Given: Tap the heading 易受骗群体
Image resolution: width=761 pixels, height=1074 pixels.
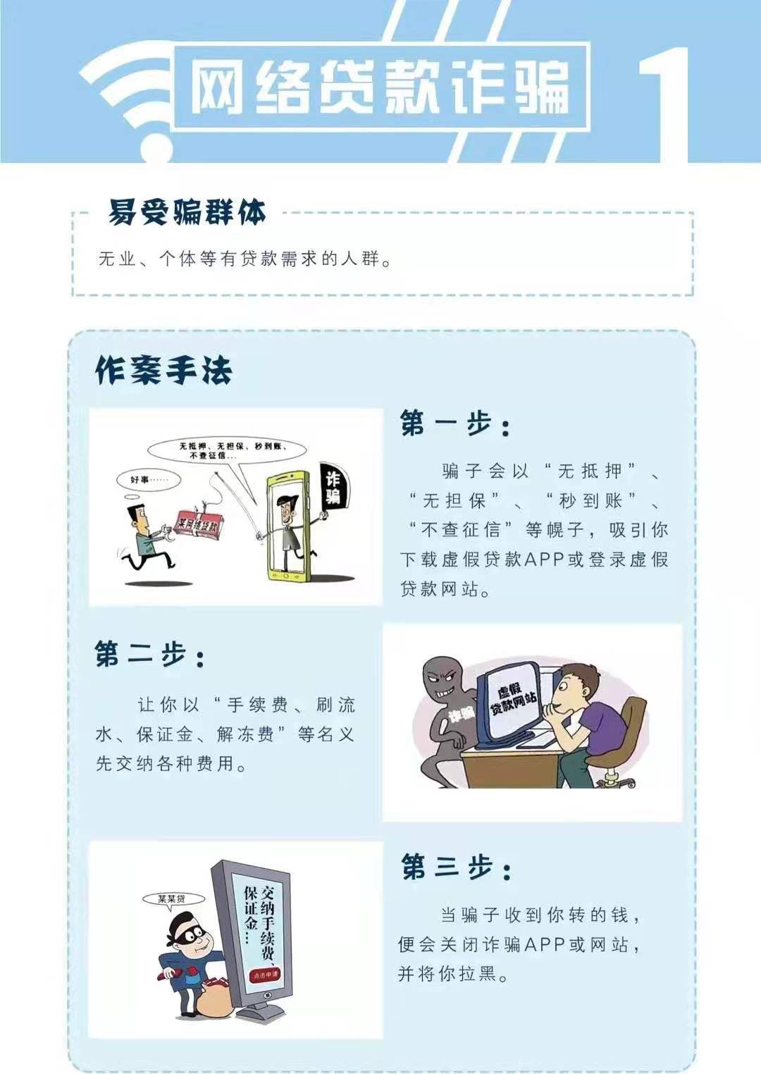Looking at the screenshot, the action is [x=187, y=212].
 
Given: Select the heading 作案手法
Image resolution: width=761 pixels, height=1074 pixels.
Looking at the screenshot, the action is [x=163, y=371].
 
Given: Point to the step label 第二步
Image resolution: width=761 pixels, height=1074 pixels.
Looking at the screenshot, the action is [x=149, y=655].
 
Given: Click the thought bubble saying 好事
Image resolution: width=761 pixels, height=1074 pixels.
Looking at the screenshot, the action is [x=142, y=479].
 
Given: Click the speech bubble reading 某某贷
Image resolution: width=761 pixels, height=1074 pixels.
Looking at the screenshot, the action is [x=172, y=899].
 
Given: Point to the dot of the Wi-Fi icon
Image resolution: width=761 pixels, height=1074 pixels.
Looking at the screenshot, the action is [x=156, y=149].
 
